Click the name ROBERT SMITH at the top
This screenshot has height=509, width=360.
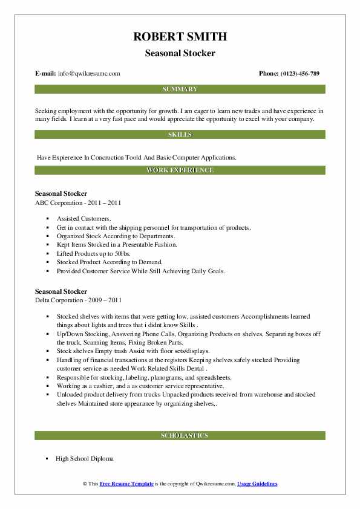(180, 36)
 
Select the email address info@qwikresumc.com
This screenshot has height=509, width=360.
(90, 74)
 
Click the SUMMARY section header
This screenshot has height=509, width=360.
(180, 89)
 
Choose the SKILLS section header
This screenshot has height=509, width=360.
(180, 134)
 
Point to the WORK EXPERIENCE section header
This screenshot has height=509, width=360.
(180, 170)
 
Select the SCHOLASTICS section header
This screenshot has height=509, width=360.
(180, 435)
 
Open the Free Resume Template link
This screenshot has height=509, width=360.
(127, 484)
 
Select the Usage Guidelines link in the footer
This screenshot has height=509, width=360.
(257, 484)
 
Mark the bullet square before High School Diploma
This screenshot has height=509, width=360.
(46, 459)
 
